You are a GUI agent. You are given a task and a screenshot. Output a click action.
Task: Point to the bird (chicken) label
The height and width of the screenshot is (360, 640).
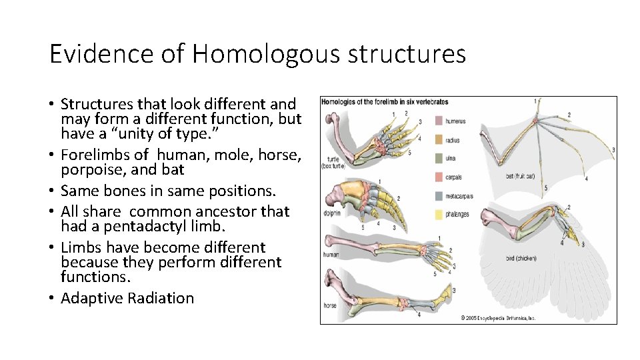(522, 258)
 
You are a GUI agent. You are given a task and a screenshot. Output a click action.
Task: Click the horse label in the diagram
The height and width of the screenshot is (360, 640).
(331, 305)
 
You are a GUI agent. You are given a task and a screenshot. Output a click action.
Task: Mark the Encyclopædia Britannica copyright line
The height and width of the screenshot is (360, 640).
(498, 318)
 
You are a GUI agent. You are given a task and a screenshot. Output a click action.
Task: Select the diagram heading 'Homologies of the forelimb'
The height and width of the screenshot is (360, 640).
(385, 102)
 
